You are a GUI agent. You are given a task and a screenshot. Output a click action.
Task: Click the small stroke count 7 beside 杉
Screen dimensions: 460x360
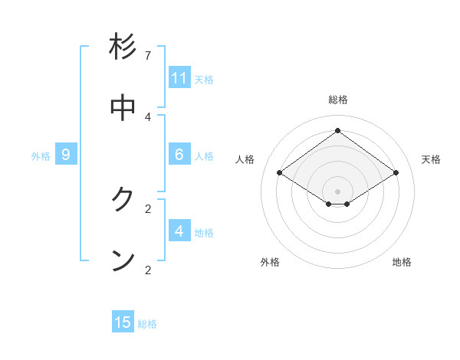tap(148, 56)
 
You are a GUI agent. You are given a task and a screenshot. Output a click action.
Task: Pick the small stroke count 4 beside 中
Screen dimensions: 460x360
tap(148, 116)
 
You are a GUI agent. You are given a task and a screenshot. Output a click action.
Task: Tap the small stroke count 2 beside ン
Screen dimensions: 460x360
tap(148, 270)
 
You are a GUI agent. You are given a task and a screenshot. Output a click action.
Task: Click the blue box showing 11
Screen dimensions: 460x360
tap(179, 78)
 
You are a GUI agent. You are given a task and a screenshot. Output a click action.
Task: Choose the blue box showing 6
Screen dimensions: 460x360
tap(179, 155)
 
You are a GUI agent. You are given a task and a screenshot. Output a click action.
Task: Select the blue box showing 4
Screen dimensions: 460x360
tap(179, 231)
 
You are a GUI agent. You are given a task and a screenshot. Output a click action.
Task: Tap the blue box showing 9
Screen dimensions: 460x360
tap(66, 155)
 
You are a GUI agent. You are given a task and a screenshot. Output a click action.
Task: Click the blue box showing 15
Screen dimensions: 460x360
tap(123, 322)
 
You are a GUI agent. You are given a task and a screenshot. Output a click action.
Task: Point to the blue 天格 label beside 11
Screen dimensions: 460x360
tap(204, 80)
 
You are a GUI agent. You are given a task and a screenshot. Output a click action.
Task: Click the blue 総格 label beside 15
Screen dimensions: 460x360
tap(147, 324)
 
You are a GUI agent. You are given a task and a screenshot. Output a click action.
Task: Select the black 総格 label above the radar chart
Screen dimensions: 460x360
tap(338, 100)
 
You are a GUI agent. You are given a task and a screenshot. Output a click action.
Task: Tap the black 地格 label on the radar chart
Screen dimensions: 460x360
tap(402, 262)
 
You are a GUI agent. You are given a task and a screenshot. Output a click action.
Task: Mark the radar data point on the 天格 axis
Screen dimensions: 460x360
tap(396, 173)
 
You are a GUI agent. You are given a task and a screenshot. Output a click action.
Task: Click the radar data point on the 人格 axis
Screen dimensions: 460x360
tap(279, 173)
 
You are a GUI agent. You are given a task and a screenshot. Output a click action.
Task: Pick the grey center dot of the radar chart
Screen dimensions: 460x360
tap(338, 191)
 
